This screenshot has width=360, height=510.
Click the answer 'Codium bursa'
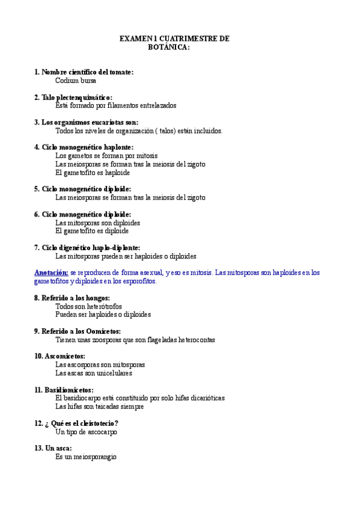76,80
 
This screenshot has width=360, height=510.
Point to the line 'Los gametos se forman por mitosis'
106,155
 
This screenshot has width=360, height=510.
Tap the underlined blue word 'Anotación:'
51,272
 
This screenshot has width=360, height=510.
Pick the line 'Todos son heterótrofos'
88,306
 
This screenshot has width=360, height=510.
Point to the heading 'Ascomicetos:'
60,356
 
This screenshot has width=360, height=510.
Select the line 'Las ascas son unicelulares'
93,373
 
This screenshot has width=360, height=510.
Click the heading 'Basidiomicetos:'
64,390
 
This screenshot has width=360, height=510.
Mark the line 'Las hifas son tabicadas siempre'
99,407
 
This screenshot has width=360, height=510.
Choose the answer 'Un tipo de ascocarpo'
86,432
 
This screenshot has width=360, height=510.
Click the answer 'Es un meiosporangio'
85,457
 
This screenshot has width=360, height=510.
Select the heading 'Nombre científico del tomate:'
87,72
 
